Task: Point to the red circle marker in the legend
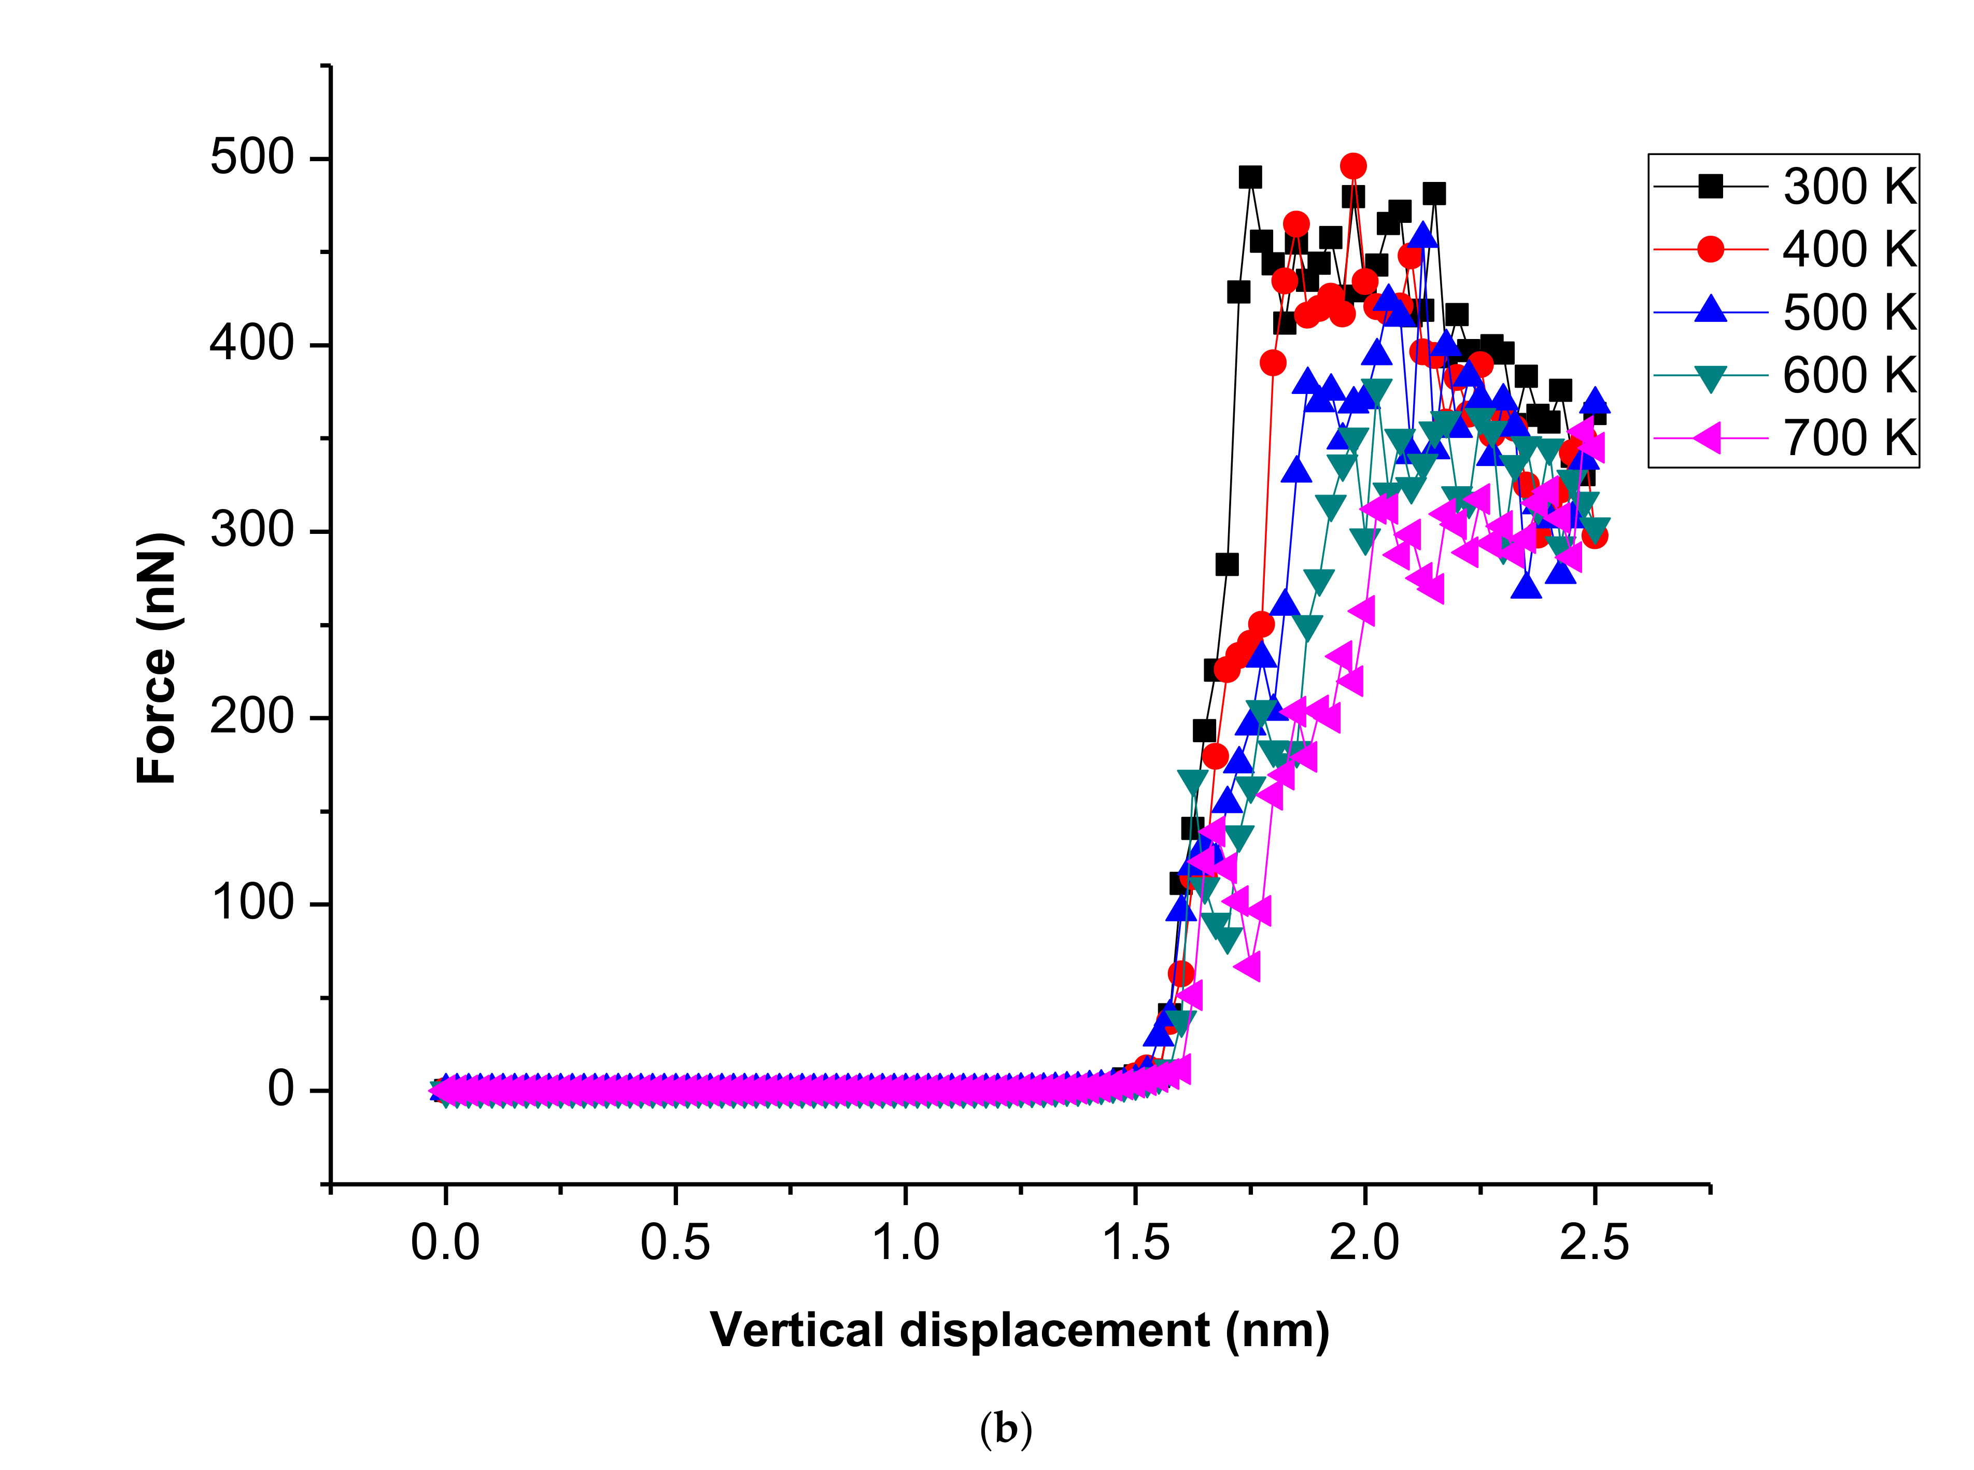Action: coord(1710,249)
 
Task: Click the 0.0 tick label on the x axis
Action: coord(445,1243)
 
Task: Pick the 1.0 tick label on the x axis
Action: coord(905,1243)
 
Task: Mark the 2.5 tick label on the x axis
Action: coord(1594,1243)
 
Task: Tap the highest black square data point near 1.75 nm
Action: coord(1249,177)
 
